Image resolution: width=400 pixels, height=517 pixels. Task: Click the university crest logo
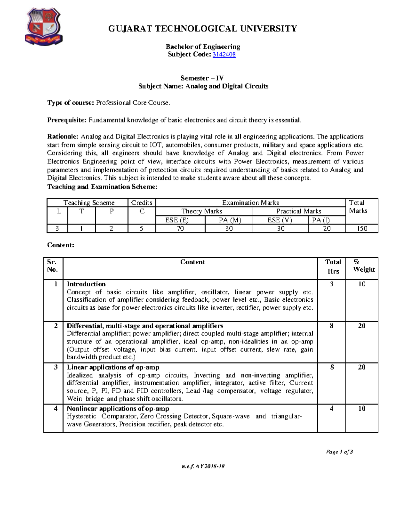tap(43, 27)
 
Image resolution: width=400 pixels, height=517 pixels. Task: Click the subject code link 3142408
tap(224, 55)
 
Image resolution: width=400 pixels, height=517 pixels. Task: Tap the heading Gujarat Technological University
tap(202, 29)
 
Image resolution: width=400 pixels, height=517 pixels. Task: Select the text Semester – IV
tap(202, 78)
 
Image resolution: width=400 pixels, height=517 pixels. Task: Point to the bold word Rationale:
tap(63, 136)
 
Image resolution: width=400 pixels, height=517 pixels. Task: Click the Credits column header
tap(142, 203)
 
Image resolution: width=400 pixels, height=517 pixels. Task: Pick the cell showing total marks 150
tap(362, 228)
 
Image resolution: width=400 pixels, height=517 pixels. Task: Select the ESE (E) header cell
tap(180, 220)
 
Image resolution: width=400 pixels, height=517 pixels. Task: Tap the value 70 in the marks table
tap(180, 228)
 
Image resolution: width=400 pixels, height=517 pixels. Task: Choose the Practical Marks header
tap(299, 211)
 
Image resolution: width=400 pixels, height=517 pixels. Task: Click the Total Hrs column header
tap(333, 266)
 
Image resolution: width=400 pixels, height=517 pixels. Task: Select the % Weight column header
tap(362, 266)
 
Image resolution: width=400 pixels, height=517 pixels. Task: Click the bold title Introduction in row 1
tap(86, 284)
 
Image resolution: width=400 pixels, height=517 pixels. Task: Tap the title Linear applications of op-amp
tap(113, 367)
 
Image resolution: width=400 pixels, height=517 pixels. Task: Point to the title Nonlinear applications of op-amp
tap(118, 408)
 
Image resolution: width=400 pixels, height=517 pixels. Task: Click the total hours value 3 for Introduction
tap(331, 284)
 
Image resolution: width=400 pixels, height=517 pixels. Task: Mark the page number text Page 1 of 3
tap(339, 452)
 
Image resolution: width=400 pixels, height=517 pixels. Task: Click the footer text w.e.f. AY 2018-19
tap(203, 466)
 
